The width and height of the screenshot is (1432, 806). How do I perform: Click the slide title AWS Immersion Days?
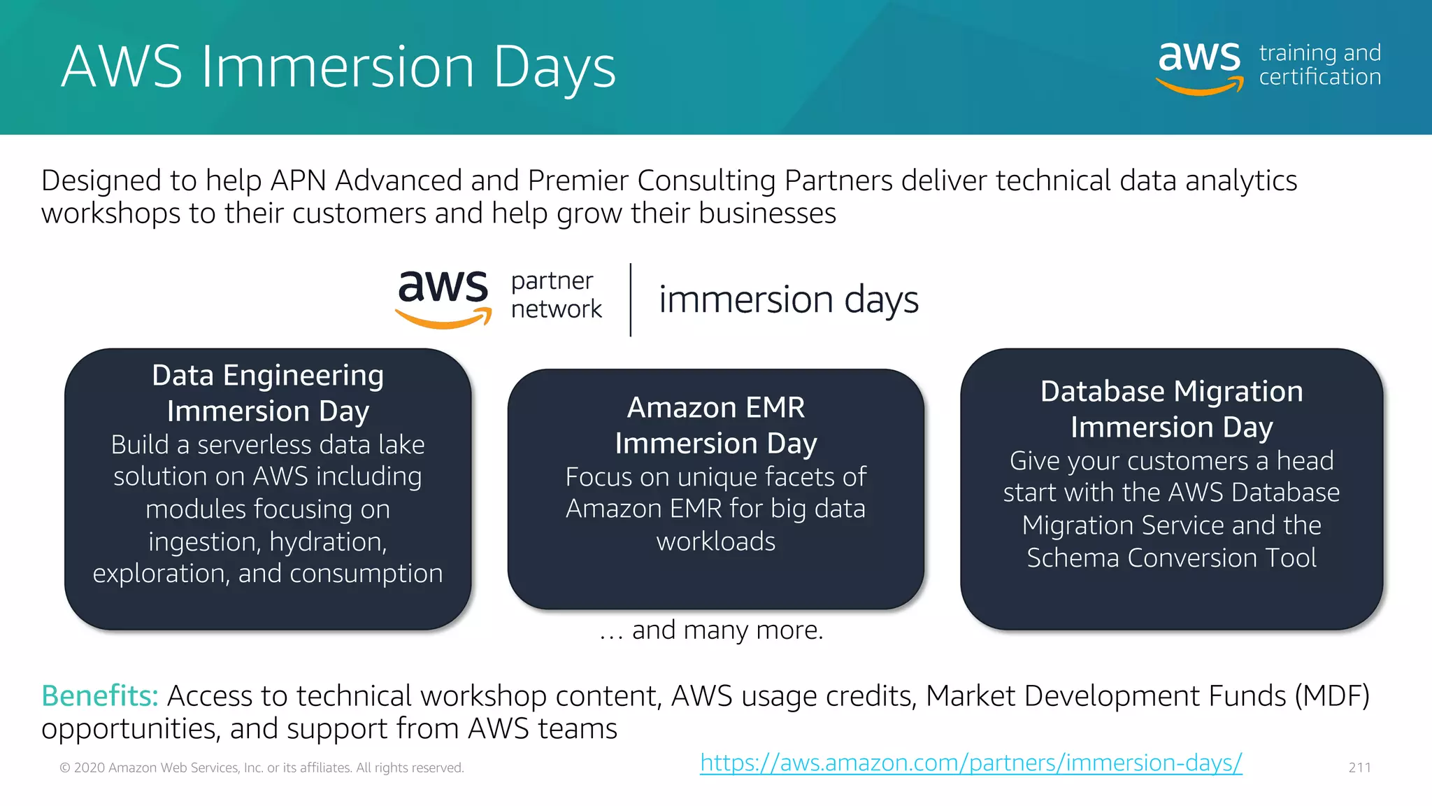pos(338,67)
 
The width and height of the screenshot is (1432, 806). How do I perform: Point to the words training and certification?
pos(1319,64)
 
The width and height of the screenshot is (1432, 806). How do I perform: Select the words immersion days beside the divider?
pos(788,299)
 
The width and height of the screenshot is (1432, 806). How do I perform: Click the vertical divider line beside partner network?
pos(631,299)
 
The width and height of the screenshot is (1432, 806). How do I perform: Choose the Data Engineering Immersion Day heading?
pos(268,393)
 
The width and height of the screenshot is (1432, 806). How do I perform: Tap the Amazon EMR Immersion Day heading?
pos(716,425)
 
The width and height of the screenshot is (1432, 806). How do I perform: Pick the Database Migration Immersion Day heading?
pos(1171,409)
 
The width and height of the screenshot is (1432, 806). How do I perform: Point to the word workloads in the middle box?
pos(716,542)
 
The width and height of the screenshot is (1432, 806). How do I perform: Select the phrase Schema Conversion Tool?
pos(1171,558)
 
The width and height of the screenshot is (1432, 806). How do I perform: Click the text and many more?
pos(712,630)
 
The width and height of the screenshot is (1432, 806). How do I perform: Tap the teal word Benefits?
pos(100,695)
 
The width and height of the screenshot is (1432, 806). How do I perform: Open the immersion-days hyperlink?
pos(971,763)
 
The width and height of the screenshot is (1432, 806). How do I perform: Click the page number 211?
pos(1359,768)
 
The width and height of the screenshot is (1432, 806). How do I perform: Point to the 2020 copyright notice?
pos(262,768)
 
